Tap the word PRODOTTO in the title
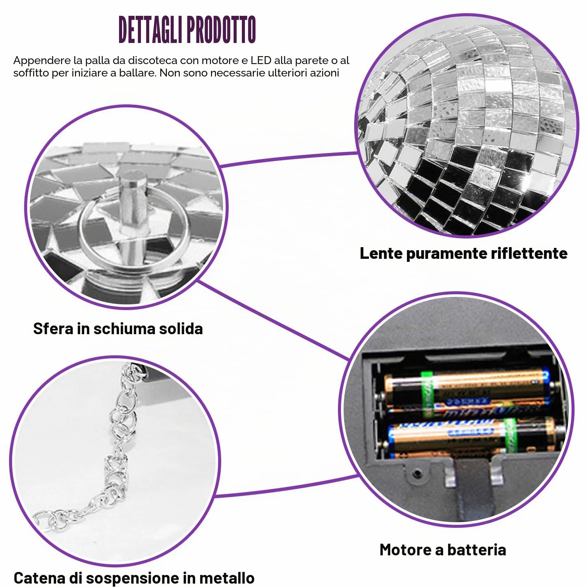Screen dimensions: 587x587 [x=222, y=30]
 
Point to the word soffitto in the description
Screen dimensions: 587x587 [x=31, y=73]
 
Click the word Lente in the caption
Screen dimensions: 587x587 [x=381, y=253]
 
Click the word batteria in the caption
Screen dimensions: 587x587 [x=477, y=550]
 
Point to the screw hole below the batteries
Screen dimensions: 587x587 [x=417, y=472]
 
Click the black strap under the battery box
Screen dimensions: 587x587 [x=474, y=490]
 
